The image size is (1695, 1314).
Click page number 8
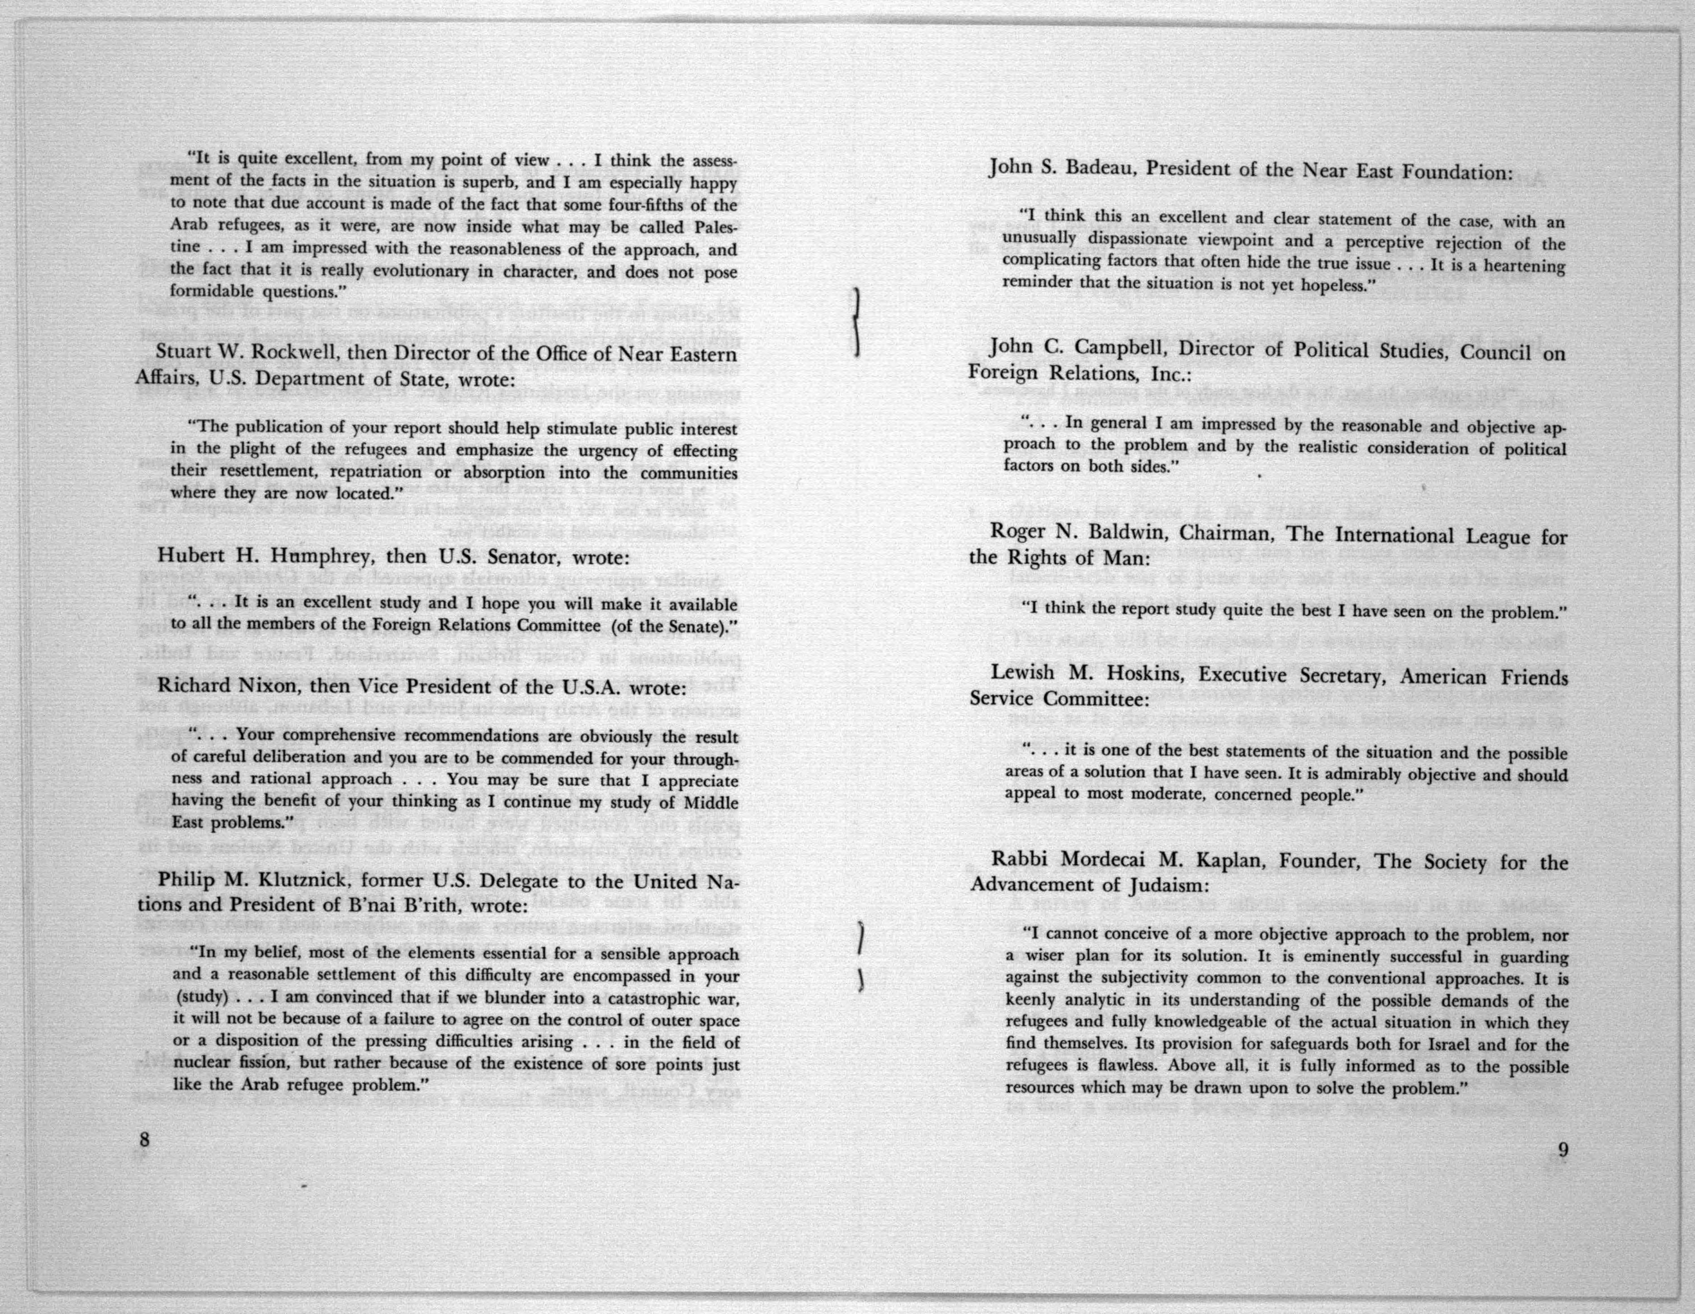[144, 1139]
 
